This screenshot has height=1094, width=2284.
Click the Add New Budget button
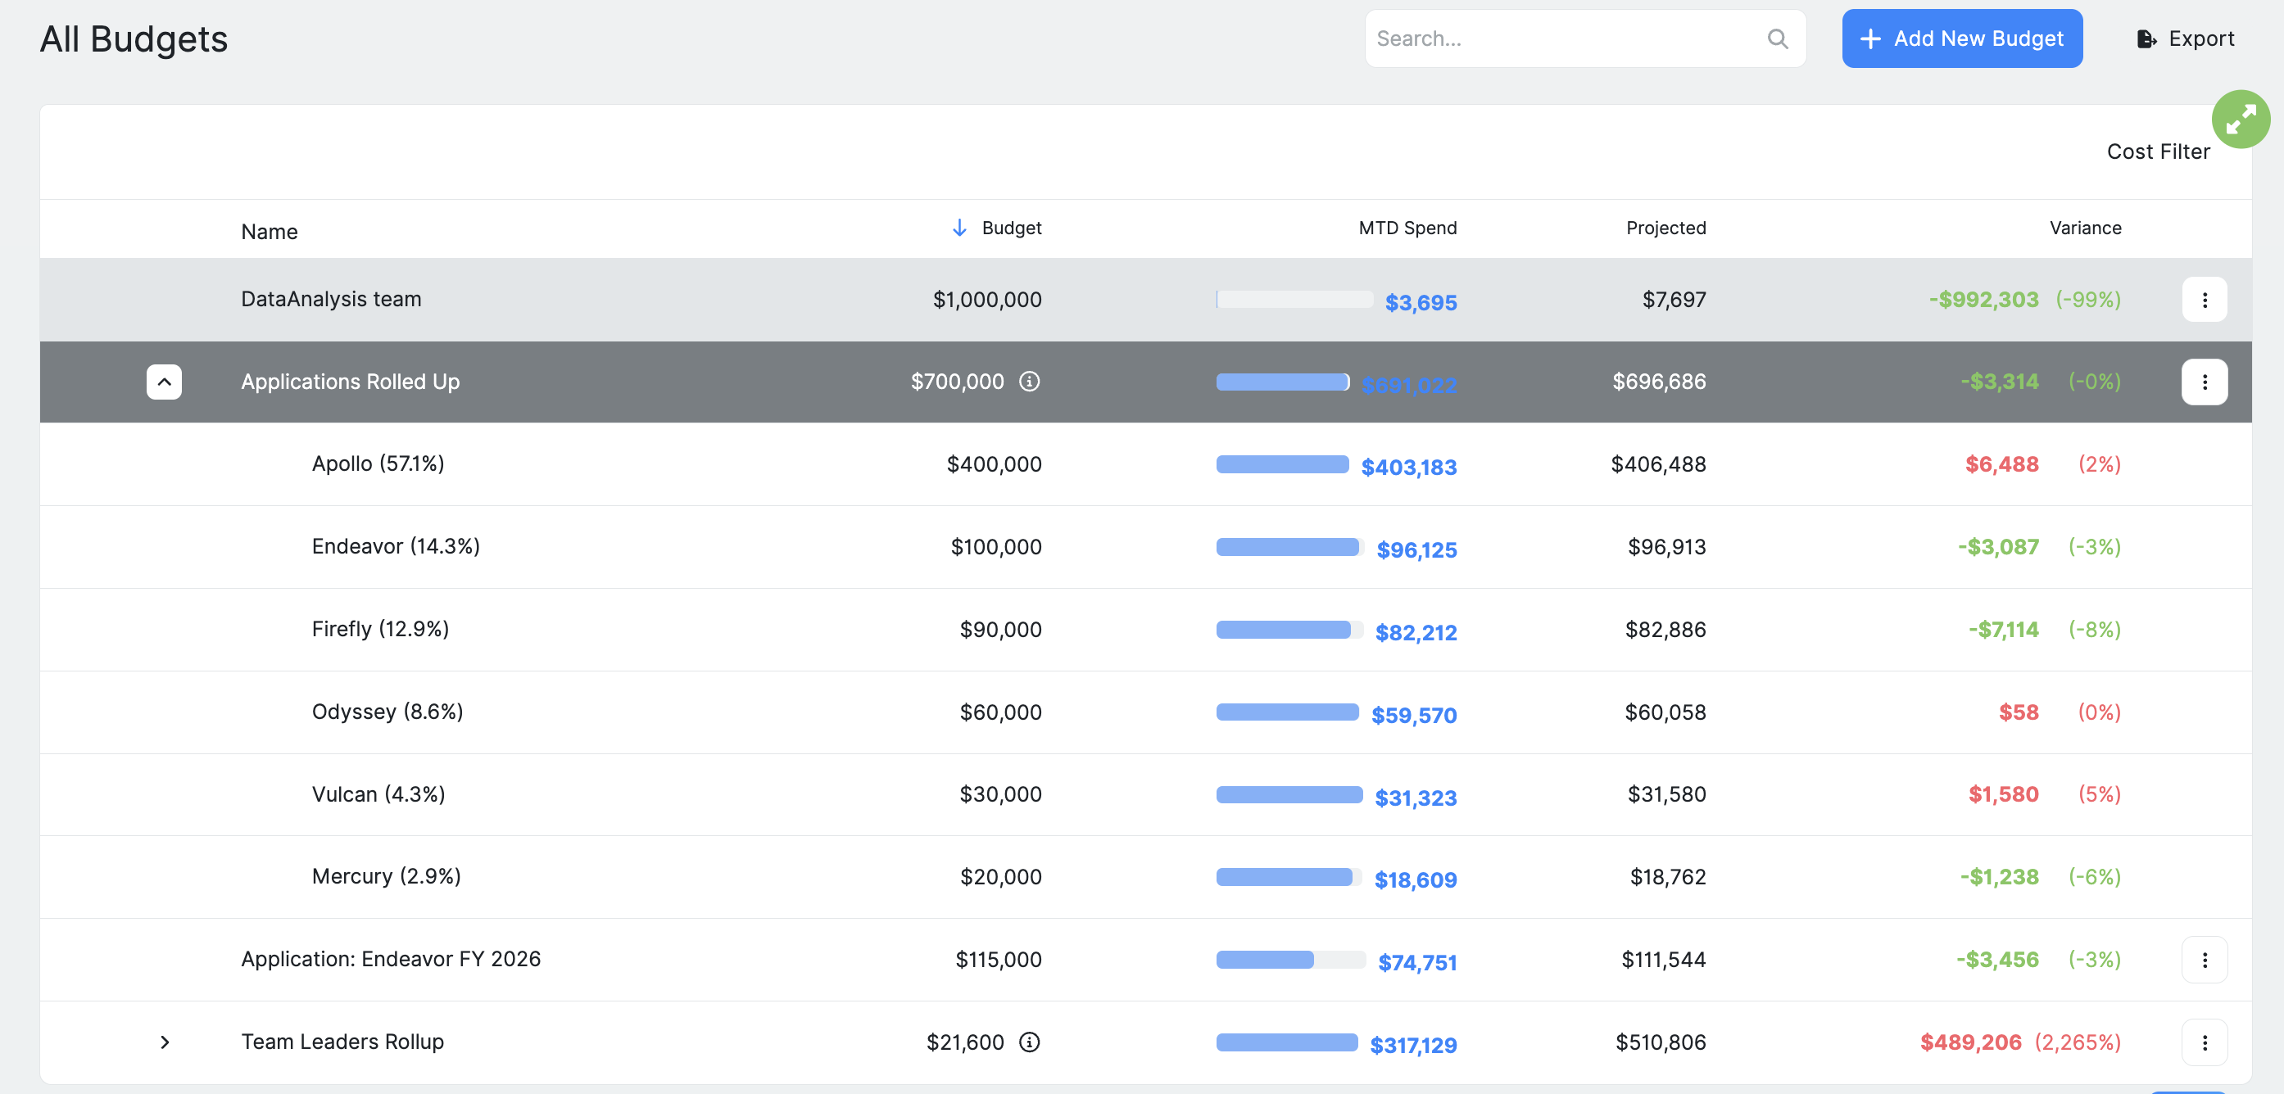coord(1961,39)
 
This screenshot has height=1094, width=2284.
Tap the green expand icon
coord(2240,119)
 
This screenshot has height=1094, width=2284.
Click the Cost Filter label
coord(2157,152)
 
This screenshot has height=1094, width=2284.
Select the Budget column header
coord(1011,228)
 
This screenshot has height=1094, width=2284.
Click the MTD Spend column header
coord(1407,228)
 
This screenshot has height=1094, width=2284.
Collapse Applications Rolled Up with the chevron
coord(164,382)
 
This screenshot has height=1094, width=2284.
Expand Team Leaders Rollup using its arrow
coord(164,1042)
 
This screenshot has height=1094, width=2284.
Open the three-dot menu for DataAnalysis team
coord(2205,301)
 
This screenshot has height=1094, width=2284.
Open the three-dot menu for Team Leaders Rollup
coord(2205,1042)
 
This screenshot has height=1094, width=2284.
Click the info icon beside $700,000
coord(1028,382)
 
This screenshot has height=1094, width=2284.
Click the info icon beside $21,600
coord(1028,1042)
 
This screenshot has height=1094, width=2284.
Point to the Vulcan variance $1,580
coord(2003,795)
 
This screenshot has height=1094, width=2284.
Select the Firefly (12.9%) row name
coord(380,630)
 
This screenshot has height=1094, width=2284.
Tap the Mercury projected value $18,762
coord(1667,878)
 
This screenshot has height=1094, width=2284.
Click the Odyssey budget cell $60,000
coord(1000,712)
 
